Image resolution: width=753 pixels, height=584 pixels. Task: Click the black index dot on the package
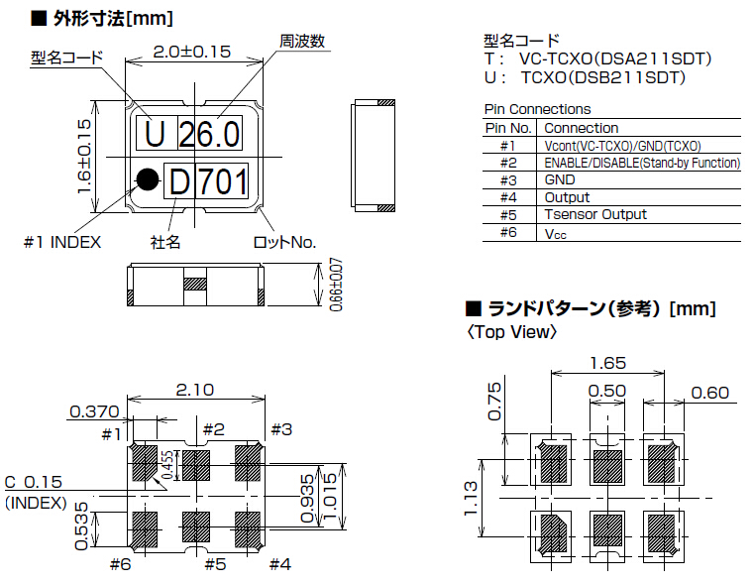pyautogui.click(x=148, y=178)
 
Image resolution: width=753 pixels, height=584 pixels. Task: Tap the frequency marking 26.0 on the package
pyautogui.click(x=208, y=133)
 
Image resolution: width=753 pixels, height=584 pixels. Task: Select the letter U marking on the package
pyautogui.click(x=155, y=133)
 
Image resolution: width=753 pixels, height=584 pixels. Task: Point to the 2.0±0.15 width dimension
pyautogui.click(x=192, y=52)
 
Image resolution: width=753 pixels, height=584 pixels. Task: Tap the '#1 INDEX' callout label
pyautogui.click(x=62, y=242)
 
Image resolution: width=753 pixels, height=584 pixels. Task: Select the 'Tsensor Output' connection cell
pyautogui.click(x=595, y=214)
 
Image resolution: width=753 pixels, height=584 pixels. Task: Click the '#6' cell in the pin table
pyautogui.click(x=509, y=232)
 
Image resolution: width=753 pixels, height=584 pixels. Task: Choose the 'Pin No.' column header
pyautogui.click(x=509, y=128)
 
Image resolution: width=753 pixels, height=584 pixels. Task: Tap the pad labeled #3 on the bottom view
pyautogui.click(x=246, y=462)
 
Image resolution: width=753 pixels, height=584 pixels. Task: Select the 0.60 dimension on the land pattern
pyautogui.click(x=709, y=392)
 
